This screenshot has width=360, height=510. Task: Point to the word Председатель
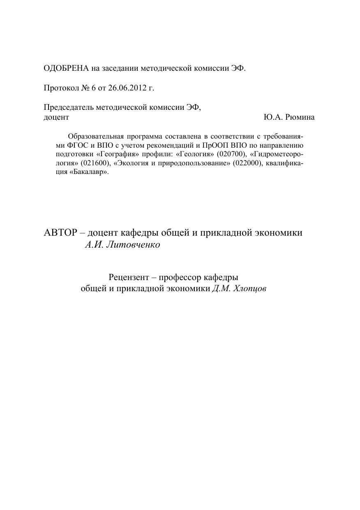pyautogui.click(x=69, y=107)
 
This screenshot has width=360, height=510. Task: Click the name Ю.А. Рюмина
pyautogui.click(x=289, y=117)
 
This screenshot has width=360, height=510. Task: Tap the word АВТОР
pyautogui.click(x=60, y=232)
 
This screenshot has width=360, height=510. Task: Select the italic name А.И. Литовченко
pyautogui.click(x=122, y=245)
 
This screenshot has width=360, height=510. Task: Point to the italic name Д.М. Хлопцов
pyautogui.click(x=239, y=289)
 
